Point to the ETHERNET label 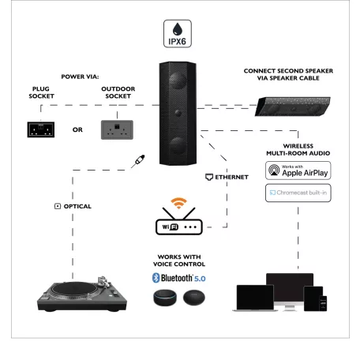point(230,177)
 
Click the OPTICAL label point(72,206)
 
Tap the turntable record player point(77,293)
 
